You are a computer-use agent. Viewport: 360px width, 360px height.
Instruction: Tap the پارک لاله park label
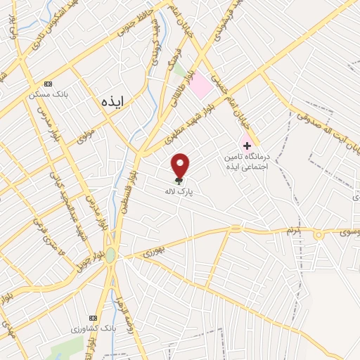click(179, 191)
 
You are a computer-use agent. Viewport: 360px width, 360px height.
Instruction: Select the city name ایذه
click(112, 101)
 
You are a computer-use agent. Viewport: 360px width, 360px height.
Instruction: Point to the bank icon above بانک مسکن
click(48, 82)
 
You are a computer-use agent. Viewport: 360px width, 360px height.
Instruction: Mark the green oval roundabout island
click(110, 257)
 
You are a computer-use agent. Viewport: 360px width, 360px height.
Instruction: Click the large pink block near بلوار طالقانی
click(201, 85)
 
